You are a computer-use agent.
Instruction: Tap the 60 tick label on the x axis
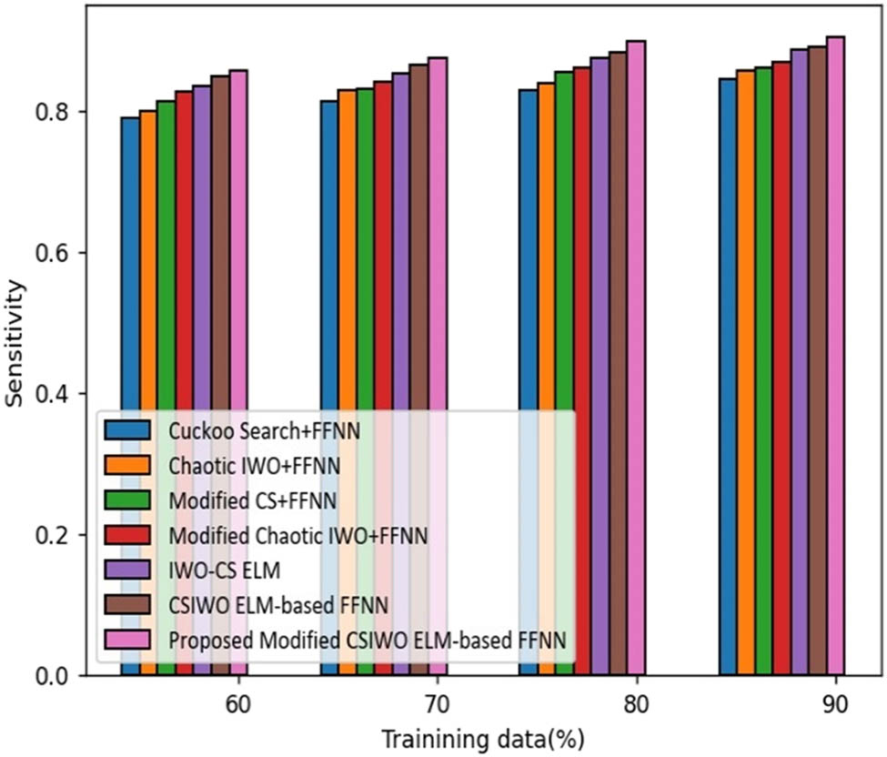pos(238,704)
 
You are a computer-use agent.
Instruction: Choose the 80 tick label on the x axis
pos(636,704)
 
